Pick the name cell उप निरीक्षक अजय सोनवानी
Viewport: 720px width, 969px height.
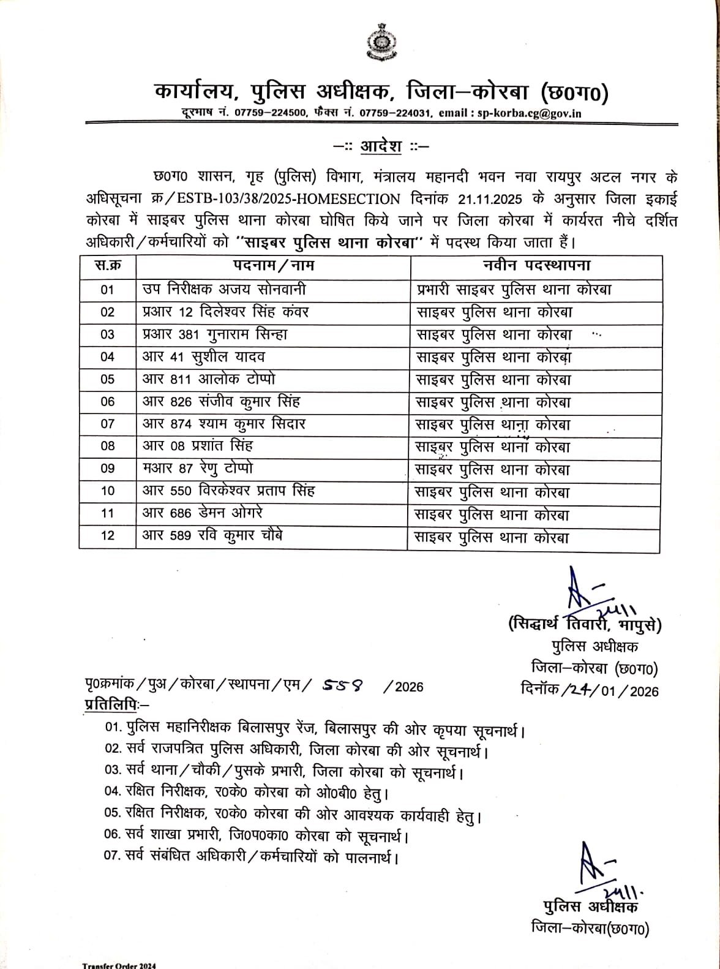click(x=224, y=289)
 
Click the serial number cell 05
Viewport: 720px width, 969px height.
click(x=108, y=379)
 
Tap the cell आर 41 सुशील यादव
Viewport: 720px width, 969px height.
click(x=203, y=356)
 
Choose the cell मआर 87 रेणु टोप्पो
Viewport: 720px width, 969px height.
click(x=198, y=469)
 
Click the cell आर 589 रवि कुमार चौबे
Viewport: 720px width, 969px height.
click(x=212, y=536)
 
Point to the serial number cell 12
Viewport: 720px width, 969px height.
click(x=108, y=536)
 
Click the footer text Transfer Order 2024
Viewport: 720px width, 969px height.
click(x=119, y=965)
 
